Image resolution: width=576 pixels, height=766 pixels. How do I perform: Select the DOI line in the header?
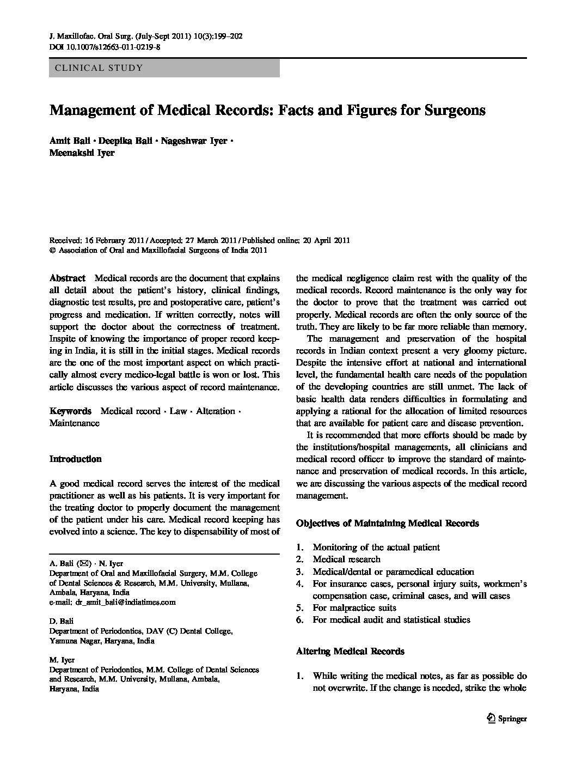point(105,47)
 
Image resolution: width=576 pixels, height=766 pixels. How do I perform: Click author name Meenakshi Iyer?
point(82,153)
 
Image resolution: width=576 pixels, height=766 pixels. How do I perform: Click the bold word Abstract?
point(68,278)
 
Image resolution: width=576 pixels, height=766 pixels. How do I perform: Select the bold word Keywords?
point(70,411)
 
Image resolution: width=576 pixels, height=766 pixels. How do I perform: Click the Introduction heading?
point(75,459)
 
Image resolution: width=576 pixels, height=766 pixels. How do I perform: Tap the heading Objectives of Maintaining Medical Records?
point(387,523)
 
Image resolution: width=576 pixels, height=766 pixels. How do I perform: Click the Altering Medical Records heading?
point(350,651)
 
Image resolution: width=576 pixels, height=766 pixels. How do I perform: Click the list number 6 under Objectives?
point(299,619)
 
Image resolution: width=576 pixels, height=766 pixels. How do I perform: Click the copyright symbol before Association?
point(52,251)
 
